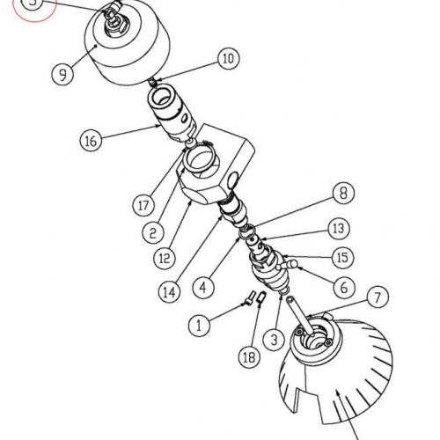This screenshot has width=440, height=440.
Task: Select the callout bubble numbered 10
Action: pos(228,60)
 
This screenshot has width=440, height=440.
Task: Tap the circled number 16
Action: pos(89,140)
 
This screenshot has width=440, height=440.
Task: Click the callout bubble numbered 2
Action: pos(152,233)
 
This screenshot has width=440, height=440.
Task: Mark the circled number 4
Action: pos(203,286)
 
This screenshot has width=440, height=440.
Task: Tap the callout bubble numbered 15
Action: pos(341,257)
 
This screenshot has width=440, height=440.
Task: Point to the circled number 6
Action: pos(344,287)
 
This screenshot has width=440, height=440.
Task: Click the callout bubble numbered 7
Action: pos(377,297)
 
